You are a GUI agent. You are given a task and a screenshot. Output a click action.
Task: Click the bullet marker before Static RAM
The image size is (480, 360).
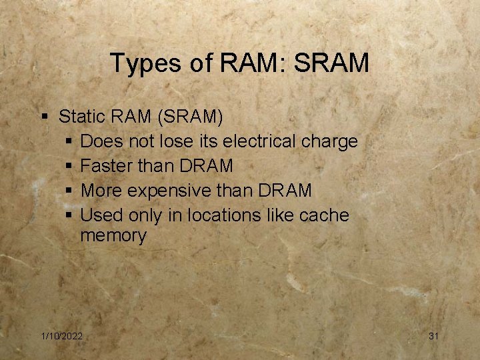tap(45, 117)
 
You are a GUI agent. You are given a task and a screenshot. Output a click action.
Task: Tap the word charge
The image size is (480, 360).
tap(329, 142)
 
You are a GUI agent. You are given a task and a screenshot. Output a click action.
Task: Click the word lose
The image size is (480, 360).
tap(173, 141)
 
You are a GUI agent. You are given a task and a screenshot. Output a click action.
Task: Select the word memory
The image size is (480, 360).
tap(113, 236)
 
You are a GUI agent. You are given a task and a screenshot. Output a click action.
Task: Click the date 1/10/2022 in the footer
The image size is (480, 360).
tap(61, 336)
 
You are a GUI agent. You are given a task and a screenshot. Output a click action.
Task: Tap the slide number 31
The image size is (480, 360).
tap(433, 336)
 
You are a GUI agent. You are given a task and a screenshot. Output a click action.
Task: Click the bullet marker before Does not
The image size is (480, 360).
tap(70, 142)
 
